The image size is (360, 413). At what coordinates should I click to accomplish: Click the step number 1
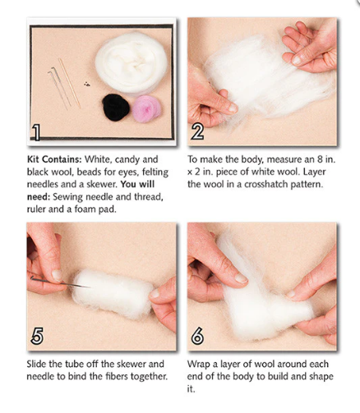36,132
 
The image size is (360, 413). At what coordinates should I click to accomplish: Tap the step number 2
197,131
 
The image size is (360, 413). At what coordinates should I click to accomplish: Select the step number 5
37,336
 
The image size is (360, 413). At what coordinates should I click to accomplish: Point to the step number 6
197,336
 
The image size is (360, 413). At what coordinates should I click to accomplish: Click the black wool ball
116,108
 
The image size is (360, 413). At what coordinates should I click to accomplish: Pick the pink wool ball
146,108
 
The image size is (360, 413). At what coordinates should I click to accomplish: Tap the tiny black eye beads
87,84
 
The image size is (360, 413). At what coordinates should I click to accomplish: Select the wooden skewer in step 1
70,83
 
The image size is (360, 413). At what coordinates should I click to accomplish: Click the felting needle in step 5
60,282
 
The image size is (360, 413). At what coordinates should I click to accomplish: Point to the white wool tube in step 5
113,293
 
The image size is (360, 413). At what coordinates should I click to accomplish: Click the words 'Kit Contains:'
54,159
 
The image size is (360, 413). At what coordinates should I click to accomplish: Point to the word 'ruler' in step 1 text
36,209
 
